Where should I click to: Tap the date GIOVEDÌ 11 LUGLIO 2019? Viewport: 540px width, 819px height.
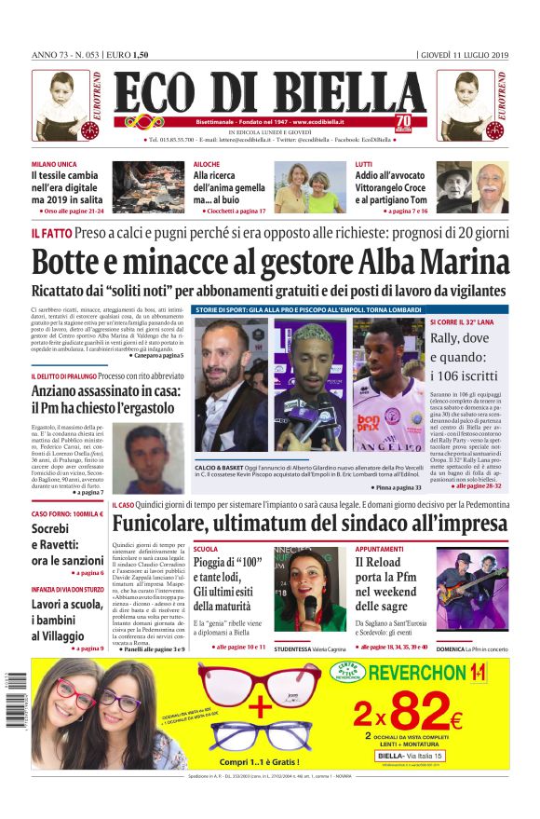click(x=464, y=53)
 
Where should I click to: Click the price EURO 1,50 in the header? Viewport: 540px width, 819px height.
click(x=129, y=53)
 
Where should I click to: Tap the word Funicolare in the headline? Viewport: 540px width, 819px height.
click(x=177, y=524)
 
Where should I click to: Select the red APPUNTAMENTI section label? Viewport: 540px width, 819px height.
click(x=385, y=550)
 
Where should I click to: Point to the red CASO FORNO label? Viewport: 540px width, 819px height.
click(x=67, y=514)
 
